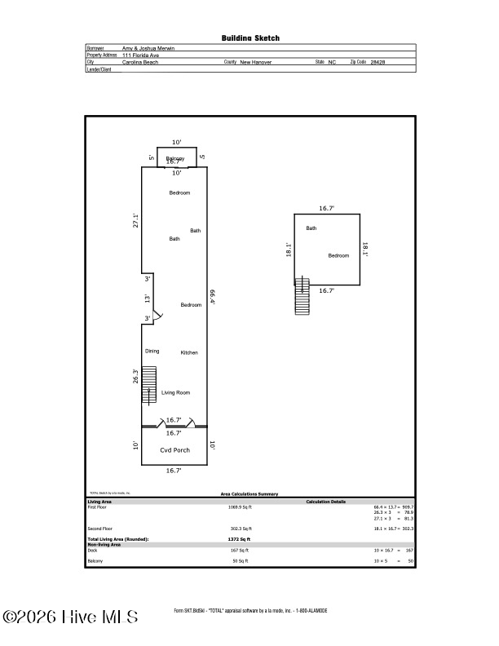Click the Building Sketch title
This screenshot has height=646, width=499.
tap(249, 38)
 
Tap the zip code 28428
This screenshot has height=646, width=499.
tap(378, 62)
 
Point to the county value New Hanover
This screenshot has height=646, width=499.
tap(256, 62)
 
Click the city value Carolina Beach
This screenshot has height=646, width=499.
tap(139, 62)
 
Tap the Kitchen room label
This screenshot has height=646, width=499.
tap(189, 352)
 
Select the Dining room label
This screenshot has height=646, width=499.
tap(152, 351)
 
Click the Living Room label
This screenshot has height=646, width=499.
tap(175, 392)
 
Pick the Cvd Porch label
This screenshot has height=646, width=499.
tap(174, 450)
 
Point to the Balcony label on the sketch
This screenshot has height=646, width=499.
tap(175, 158)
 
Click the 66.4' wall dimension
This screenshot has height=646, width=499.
tap(212, 296)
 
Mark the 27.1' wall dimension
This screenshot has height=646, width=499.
tap(136, 221)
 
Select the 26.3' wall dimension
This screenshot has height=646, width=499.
tap(136, 376)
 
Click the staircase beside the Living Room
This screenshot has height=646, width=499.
tap(148, 385)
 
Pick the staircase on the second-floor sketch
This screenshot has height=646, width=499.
tap(302, 298)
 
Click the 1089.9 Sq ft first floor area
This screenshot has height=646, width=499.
tap(240, 507)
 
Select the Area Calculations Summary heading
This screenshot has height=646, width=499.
tap(249, 493)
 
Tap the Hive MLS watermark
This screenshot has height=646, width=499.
tap(70, 617)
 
